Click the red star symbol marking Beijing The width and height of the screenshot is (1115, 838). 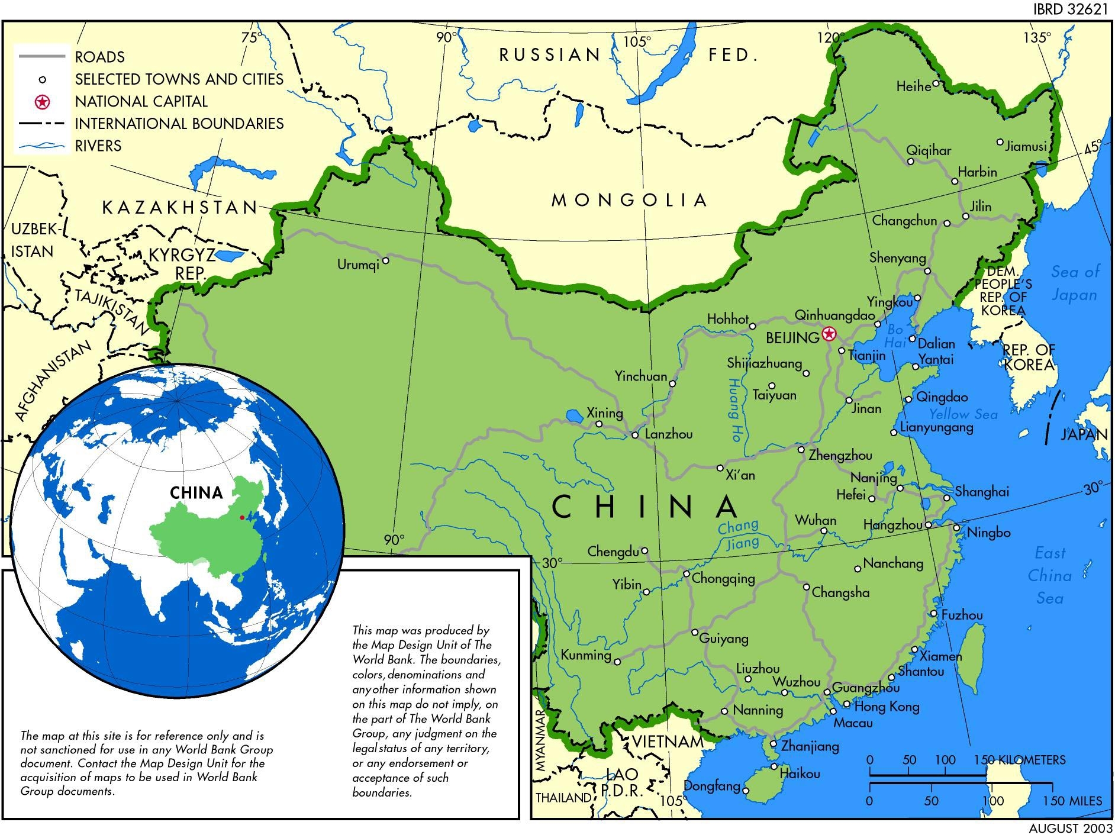coord(829,334)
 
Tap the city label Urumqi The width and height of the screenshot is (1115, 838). coord(357,265)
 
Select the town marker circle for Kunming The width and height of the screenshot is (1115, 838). coord(617,662)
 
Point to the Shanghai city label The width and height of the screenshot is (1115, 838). coord(982,492)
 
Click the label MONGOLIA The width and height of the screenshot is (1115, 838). coord(629,200)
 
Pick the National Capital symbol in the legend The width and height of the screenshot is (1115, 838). coord(42,102)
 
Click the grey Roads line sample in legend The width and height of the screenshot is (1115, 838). coord(41,57)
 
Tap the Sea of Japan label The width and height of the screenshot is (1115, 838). coord(1074,283)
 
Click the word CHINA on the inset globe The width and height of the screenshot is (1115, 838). coord(196,493)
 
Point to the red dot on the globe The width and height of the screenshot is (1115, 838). coord(241,518)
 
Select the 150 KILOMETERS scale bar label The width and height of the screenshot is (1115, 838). coord(1019,760)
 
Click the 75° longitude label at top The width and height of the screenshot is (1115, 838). coord(251,37)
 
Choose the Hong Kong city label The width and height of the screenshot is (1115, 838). coord(887,707)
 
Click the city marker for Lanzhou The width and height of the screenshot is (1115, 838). coord(635,435)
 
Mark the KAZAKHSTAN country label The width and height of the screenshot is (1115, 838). coord(180,208)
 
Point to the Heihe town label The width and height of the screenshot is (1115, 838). coord(913,87)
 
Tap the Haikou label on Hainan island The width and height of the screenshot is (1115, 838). coord(800,773)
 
